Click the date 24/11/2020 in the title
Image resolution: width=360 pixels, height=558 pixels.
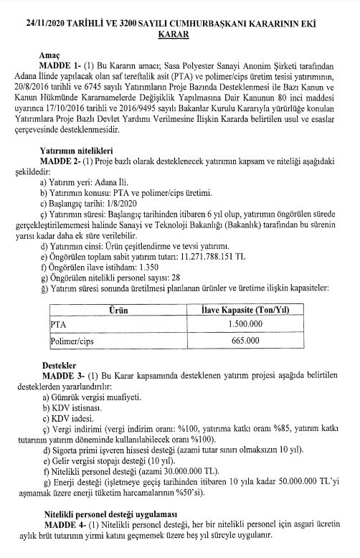(48, 24)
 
